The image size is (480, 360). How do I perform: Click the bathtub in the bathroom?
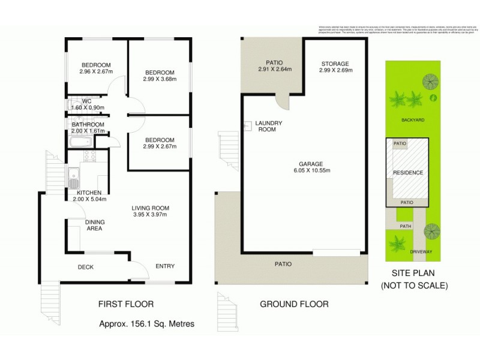coord(80,143)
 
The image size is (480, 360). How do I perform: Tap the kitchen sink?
coord(72,178)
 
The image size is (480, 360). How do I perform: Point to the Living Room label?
coord(149,208)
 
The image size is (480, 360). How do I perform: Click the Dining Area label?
coord(95,225)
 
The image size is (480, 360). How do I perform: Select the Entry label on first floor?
coord(164,266)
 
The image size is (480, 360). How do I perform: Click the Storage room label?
coord(334,64)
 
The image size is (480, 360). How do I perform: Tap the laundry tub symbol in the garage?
coord(247,126)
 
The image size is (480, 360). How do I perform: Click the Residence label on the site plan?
coord(408,173)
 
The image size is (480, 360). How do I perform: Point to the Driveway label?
coord(420,252)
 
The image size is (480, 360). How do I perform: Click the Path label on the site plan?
coord(406,226)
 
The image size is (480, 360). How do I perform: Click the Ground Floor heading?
coord(294,304)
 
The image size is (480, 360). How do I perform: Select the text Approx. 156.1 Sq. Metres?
coord(146,325)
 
